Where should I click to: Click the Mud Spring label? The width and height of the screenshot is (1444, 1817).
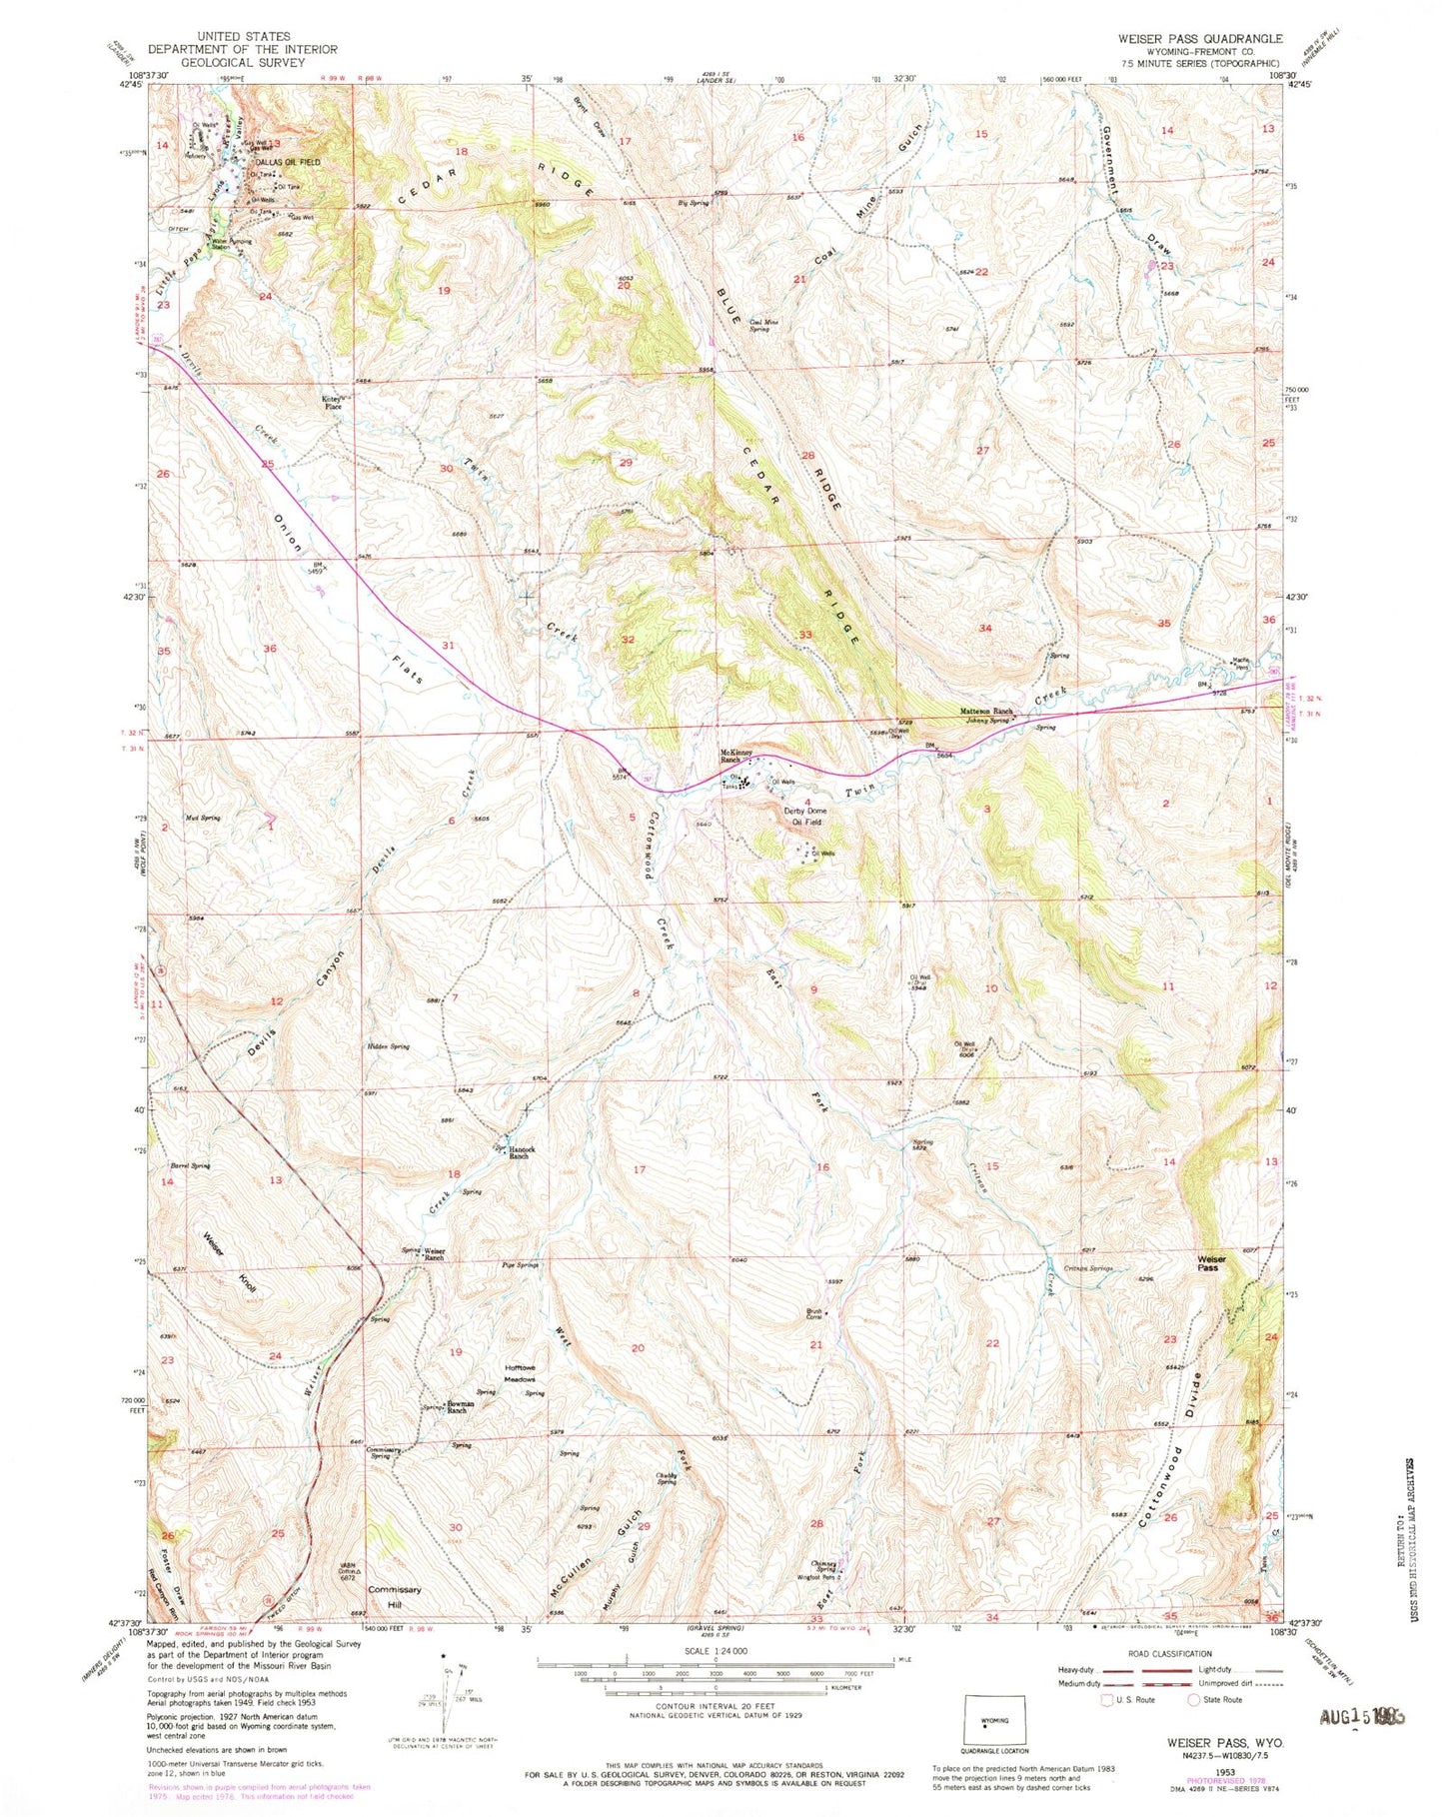(203, 818)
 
